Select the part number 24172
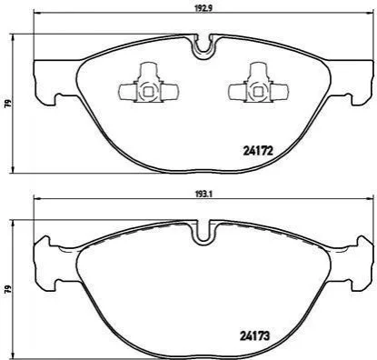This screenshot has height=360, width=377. [x=258, y=151]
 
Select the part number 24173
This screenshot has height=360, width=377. [x=254, y=335]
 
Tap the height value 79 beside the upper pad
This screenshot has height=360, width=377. [x=9, y=103]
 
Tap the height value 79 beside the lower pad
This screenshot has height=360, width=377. [x=9, y=288]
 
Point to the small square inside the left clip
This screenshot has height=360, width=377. [x=148, y=91]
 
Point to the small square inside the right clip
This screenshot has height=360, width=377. [x=258, y=91]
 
